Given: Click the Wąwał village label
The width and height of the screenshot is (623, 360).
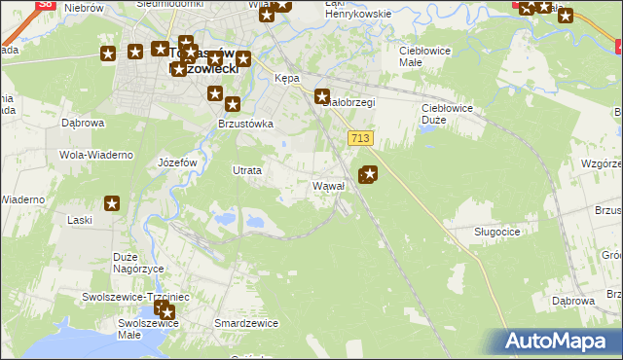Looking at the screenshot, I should tap(328, 185).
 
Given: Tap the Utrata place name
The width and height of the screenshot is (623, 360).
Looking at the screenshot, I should tap(246, 170).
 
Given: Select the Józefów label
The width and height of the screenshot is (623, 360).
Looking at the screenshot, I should tap(177, 162).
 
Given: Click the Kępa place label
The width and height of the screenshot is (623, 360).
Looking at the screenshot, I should tap(287, 78).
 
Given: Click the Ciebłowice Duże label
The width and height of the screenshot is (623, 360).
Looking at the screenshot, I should tap(446, 108).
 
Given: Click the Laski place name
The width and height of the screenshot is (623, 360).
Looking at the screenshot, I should tap(80, 220).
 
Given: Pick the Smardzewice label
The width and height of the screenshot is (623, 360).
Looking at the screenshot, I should tap(246, 322).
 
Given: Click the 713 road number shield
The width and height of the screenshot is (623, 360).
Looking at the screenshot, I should tap(360, 139).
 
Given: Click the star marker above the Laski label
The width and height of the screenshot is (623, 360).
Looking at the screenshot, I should tap(112, 203).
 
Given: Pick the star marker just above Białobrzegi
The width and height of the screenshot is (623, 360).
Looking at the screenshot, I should tap(322, 96).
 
